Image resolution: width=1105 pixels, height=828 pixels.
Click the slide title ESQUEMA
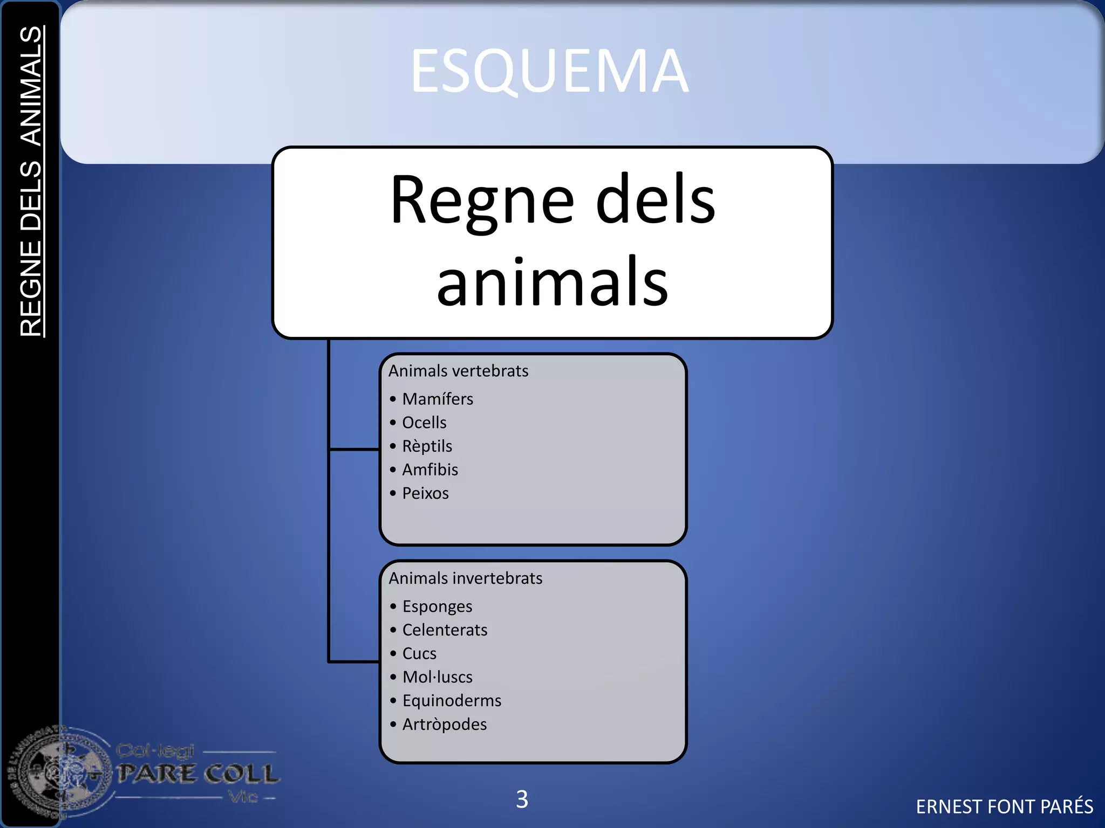click(549, 71)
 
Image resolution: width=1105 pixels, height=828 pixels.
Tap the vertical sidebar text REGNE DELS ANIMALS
click(31, 181)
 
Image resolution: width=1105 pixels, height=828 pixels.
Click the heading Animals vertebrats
click(458, 371)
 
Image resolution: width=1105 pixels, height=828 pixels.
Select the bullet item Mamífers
click(437, 399)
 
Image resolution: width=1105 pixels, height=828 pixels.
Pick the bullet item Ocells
click(424, 423)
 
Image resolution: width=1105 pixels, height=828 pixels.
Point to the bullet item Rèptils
click(427, 446)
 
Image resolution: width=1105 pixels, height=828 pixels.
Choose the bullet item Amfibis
click(429, 470)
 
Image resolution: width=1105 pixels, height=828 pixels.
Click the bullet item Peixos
click(425, 493)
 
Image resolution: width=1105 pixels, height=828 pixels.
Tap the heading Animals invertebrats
click(465, 578)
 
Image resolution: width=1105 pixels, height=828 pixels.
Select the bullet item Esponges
click(437, 606)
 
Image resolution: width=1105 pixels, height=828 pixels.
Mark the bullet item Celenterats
click(445, 630)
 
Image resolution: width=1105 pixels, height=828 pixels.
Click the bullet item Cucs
click(419, 654)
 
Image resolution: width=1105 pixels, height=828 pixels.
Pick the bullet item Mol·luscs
click(437, 677)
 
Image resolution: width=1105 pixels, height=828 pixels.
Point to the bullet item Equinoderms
click(452, 701)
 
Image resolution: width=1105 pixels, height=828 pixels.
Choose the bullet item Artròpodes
click(445, 724)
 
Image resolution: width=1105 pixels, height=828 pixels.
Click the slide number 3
click(522, 799)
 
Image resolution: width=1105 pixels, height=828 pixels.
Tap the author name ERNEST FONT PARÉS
click(1004, 806)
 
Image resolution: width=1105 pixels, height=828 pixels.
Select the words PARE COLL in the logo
click(199, 774)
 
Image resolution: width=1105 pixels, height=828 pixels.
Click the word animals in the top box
click(552, 282)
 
